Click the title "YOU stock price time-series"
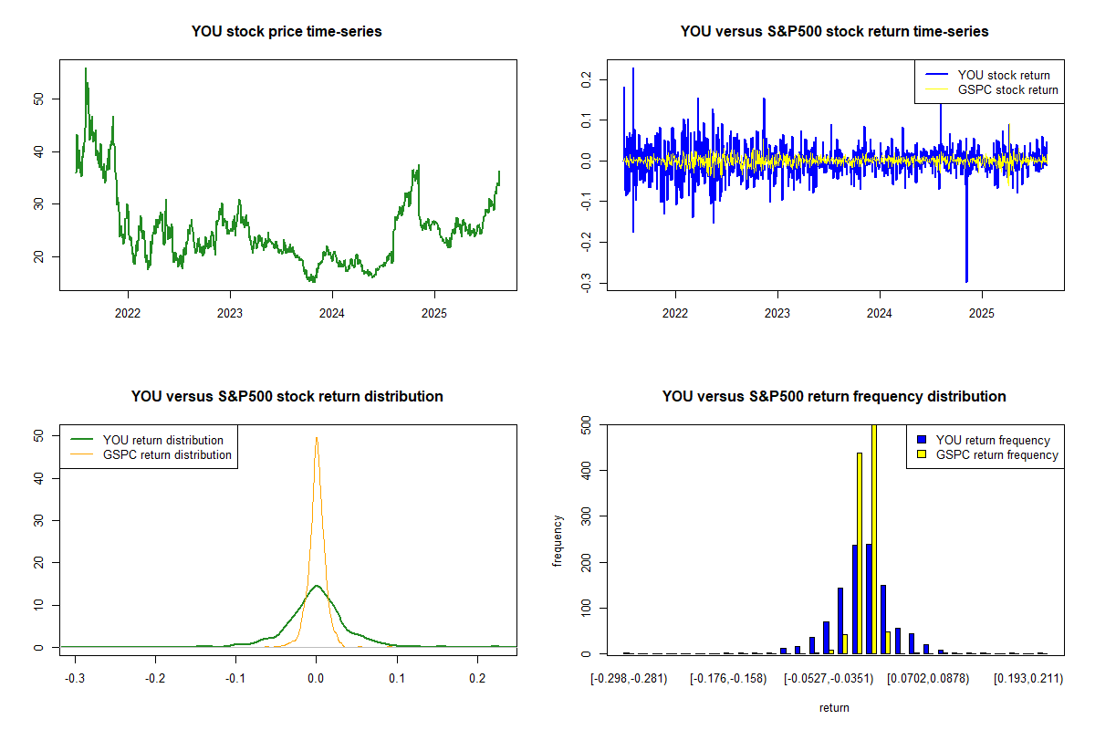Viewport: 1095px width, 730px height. coord(287,32)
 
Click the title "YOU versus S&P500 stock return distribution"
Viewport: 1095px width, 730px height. coord(287,397)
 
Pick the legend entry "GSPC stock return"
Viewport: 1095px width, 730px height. coord(1007,89)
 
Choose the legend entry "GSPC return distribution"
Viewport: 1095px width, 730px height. coord(167,454)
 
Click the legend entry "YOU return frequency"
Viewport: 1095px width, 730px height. coord(993,440)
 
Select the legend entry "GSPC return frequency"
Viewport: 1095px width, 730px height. coord(996,454)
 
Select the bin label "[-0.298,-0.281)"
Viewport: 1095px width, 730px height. coord(629,679)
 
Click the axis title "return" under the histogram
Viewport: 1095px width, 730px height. coord(834,707)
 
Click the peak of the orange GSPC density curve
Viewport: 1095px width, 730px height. coord(317,437)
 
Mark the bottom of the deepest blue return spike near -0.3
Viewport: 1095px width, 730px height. coord(966,282)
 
